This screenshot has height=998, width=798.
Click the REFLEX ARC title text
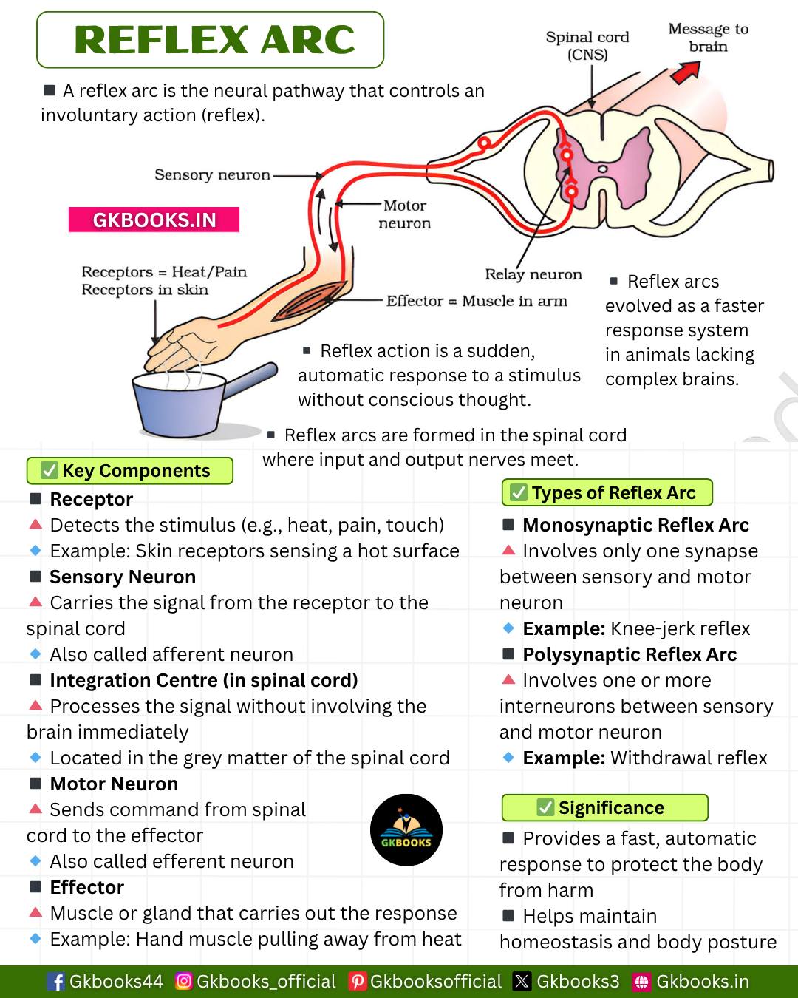pyautogui.click(x=214, y=40)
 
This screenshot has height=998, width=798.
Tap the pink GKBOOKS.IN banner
pyautogui.click(x=154, y=220)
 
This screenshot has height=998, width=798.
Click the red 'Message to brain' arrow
pyautogui.click(x=686, y=72)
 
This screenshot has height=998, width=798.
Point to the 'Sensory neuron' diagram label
pyautogui.click(x=212, y=175)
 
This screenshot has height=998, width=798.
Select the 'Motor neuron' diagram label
pyautogui.click(x=405, y=214)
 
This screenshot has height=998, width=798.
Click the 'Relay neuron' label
pyautogui.click(x=533, y=274)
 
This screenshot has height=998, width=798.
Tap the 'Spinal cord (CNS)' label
pyautogui.click(x=587, y=45)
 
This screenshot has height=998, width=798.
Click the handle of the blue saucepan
pyautogui.click(x=250, y=380)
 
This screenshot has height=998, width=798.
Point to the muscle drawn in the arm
pyautogui.click(x=309, y=302)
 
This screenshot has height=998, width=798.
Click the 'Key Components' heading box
pyautogui.click(x=130, y=471)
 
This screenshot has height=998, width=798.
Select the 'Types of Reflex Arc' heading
pyautogui.click(x=607, y=492)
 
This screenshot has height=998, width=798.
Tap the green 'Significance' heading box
pyautogui.click(x=604, y=807)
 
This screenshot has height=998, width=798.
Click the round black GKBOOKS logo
pyautogui.click(x=406, y=829)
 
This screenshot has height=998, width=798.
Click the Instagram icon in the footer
pyautogui.click(x=184, y=981)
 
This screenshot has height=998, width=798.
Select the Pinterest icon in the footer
pyautogui.click(x=358, y=981)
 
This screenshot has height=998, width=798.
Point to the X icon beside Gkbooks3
pyautogui.click(x=522, y=981)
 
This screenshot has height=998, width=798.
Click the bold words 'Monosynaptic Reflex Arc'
pyautogui.click(x=635, y=525)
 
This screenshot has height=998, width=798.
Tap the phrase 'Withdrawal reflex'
pyautogui.click(x=689, y=758)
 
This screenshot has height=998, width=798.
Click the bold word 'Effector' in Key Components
pyautogui.click(x=86, y=887)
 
